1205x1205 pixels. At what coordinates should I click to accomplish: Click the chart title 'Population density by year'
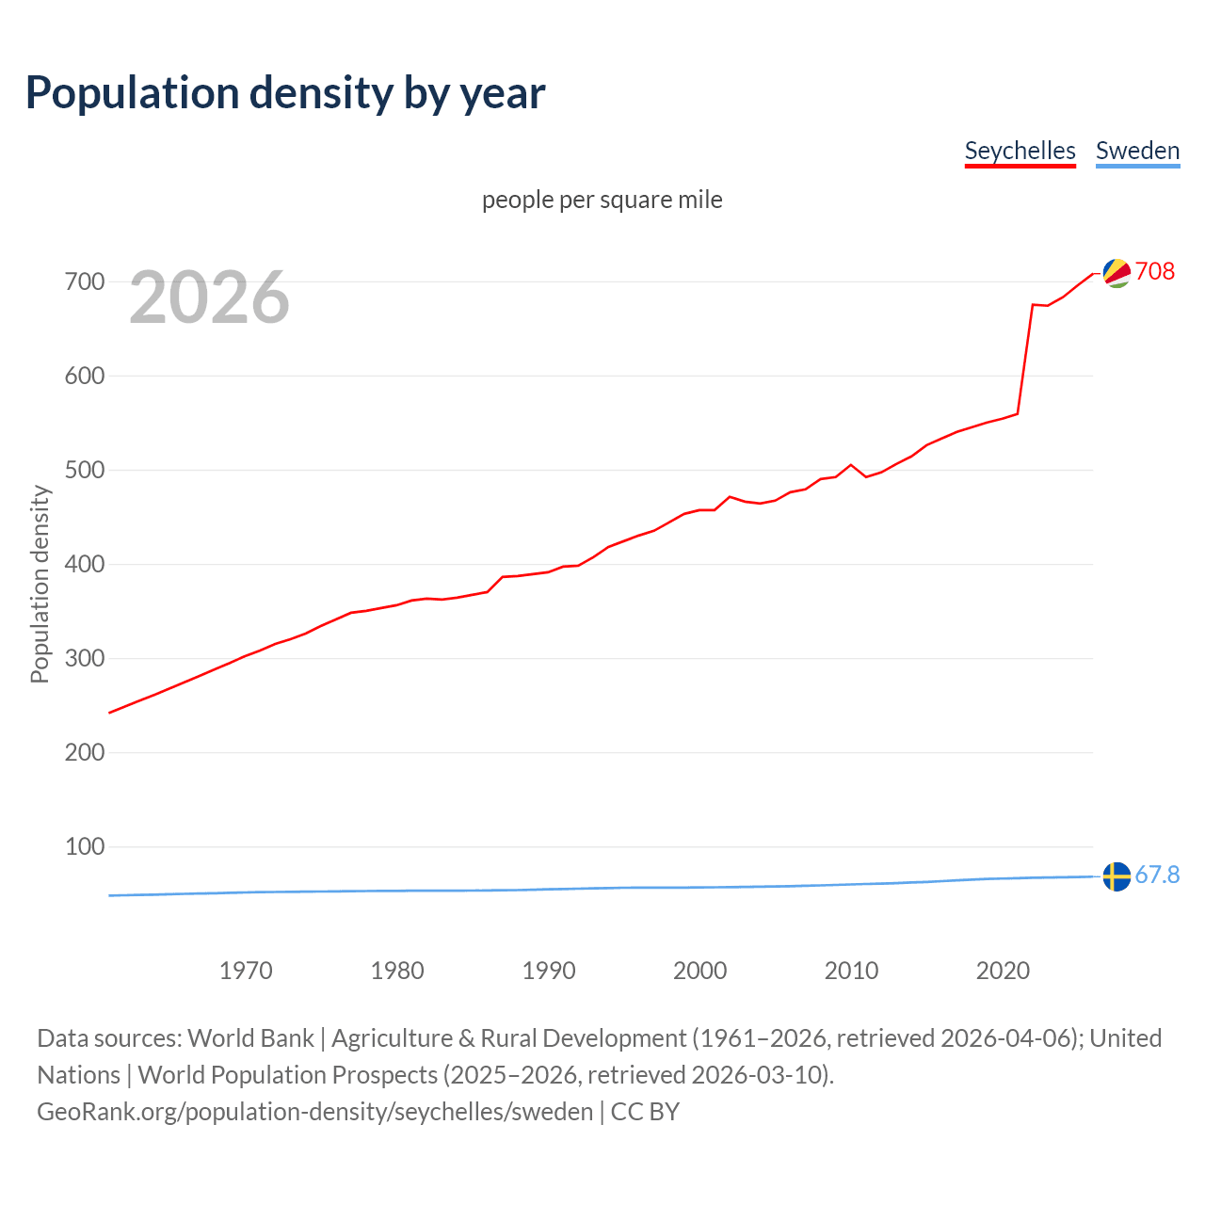(285, 93)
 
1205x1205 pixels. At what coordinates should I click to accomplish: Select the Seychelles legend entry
(1020, 151)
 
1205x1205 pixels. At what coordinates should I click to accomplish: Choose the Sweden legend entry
(1137, 151)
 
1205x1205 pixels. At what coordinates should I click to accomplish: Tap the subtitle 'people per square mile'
(602, 200)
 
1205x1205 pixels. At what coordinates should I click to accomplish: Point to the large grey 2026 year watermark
(209, 297)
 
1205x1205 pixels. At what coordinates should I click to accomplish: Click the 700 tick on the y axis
(85, 281)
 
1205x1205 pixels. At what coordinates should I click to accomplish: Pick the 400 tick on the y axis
(85, 564)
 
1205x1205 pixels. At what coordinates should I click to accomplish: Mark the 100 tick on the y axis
(85, 846)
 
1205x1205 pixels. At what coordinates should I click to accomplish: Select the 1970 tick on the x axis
(246, 971)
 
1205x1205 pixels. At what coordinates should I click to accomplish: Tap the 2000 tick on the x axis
(699, 971)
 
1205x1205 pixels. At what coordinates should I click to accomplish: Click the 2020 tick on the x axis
(1003, 971)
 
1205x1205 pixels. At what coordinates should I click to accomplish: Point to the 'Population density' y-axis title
(40, 584)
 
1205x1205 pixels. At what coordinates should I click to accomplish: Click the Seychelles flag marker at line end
(1117, 273)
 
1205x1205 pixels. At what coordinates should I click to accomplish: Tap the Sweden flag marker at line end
(1117, 876)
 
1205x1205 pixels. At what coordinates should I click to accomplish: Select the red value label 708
(1155, 271)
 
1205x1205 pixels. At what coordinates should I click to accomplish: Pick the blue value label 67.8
(1157, 875)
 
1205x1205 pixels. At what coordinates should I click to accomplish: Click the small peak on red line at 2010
(851, 465)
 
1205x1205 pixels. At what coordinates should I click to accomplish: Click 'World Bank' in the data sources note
(250, 1038)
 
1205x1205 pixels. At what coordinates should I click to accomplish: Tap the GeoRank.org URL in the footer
(314, 1112)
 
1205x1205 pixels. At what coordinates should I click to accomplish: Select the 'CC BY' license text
(645, 1112)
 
